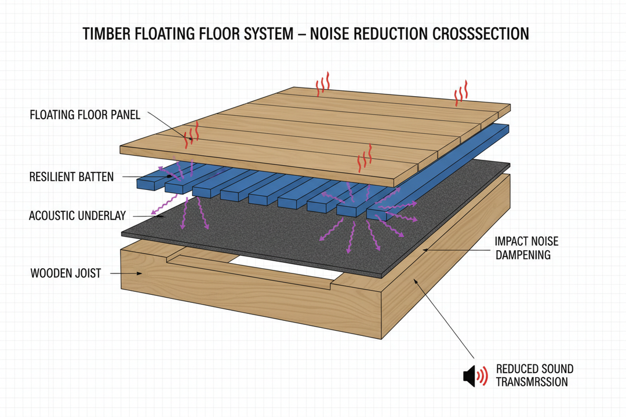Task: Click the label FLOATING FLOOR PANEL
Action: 85,115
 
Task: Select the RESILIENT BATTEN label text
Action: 71,177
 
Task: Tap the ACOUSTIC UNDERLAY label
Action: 76,216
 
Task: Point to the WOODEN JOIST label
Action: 65,273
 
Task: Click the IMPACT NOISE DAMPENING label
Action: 526,247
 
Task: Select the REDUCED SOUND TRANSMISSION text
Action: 534,375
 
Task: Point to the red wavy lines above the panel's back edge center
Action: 322,86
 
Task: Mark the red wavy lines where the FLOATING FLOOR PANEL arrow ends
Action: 192,134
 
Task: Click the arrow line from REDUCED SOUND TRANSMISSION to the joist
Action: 446,319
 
